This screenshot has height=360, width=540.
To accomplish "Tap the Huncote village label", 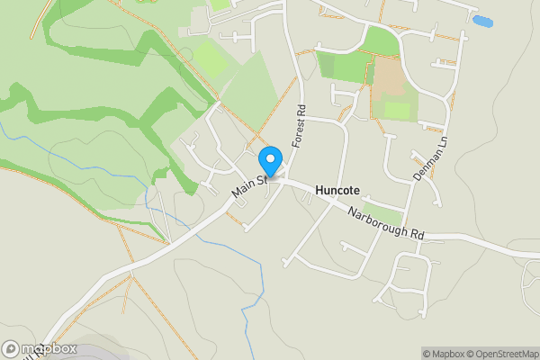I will [338, 192].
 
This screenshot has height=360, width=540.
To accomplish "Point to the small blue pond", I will [482, 21].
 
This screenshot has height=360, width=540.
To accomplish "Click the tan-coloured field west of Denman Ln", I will [391, 81].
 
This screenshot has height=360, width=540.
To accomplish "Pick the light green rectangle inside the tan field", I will [397, 110].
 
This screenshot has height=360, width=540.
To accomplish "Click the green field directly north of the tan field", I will [383, 41].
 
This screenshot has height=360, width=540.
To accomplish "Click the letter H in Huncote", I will [320, 192].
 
